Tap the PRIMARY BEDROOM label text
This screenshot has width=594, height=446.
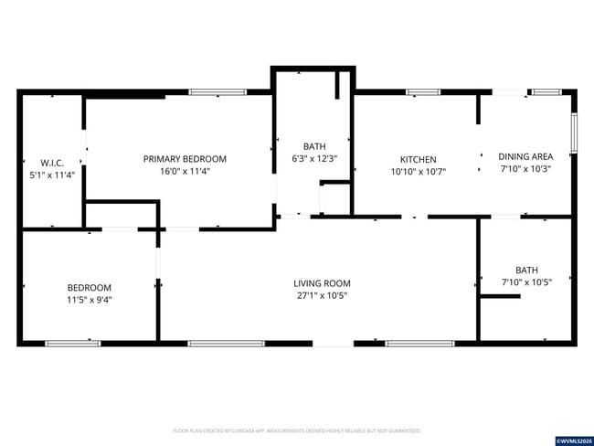(x=185, y=159)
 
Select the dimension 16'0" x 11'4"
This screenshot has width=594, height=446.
(x=185, y=172)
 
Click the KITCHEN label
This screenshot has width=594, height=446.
(x=419, y=159)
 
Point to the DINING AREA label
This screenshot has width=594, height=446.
(x=525, y=156)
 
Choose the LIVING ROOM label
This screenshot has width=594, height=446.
(x=322, y=283)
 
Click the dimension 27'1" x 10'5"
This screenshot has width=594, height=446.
(x=322, y=296)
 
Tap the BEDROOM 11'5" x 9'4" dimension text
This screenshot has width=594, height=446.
(x=89, y=300)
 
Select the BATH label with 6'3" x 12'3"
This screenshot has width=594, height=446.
(x=314, y=146)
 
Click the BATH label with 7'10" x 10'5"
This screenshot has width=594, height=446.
(x=526, y=270)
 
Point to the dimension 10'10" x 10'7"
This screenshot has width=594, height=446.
(x=419, y=172)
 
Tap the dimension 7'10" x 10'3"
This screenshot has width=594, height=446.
(x=525, y=169)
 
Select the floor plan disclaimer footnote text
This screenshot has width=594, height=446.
(x=297, y=430)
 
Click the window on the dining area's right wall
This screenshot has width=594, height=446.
(x=574, y=133)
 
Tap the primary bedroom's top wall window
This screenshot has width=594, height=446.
(x=217, y=91)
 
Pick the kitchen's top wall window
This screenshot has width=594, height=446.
(x=422, y=91)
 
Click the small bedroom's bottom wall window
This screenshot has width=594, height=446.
(x=73, y=344)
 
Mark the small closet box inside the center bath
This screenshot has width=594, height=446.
(x=336, y=197)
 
